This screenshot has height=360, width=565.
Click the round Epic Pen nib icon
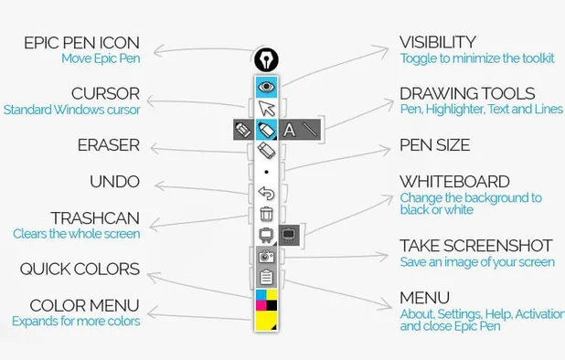[x=265, y=60]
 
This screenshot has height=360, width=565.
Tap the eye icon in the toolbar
[x=265, y=86]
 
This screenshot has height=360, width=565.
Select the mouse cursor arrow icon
[x=265, y=109]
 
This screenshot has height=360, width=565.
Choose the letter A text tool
[x=289, y=130]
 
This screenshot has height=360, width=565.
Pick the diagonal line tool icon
[x=310, y=130]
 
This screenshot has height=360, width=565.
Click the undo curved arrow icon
[x=266, y=193]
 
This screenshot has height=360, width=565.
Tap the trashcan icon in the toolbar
[x=266, y=215]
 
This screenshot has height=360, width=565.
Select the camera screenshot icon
[x=266, y=257]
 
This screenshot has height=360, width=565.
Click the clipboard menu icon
[x=266, y=278]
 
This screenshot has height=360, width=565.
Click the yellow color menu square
[x=266, y=321]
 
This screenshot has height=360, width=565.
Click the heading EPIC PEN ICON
[x=81, y=43]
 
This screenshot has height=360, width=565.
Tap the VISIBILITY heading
[x=437, y=42]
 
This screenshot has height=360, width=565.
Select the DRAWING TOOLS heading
[x=467, y=93]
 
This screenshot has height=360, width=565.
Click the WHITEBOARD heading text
[x=454, y=182]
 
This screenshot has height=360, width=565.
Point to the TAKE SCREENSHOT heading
[x=475, y=246]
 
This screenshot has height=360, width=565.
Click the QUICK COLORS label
[x=80, y=269]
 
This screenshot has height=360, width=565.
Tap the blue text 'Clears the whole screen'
[x=76, y=234]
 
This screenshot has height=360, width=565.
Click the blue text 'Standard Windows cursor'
[x=71, y=110]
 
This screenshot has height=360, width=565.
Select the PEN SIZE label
[x=434, y=144]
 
